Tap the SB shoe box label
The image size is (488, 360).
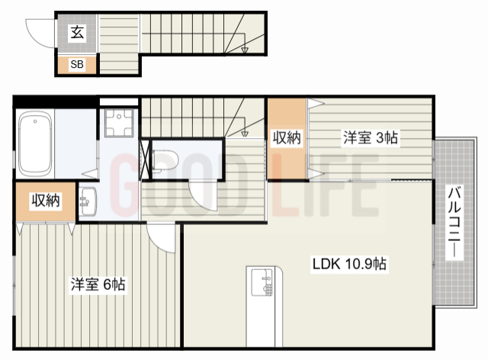pos(77,65)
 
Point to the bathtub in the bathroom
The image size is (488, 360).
pos(34,143)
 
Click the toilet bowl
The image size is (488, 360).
pos(165,162)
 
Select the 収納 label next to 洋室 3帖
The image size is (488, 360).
pos(287,138)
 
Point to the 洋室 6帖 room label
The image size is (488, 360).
pos(98,284)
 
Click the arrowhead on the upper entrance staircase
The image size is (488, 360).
pos(244,51)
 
